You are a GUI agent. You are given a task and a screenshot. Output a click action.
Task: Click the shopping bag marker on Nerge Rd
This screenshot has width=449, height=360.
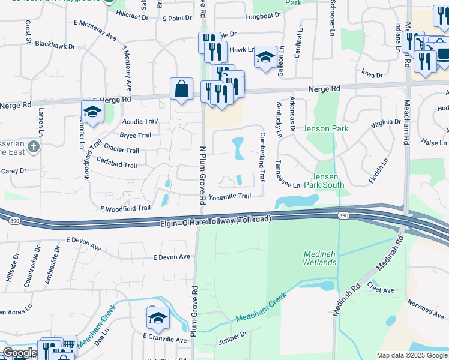click(181, 90)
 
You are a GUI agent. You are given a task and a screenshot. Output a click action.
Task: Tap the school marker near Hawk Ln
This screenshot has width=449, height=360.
click(265, 58)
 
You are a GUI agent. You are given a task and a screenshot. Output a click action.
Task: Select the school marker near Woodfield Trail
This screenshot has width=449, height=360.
click(92, 112)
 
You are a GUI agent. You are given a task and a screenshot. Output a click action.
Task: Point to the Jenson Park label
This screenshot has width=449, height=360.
click(325, 128)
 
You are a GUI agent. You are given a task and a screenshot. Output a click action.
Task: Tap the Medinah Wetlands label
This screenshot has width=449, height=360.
click(319, 258)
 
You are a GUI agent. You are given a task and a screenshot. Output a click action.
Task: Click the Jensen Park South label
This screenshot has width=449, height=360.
click(328, 181)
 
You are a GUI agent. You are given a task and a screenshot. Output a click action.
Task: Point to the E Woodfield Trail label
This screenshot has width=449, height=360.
click(125, 208)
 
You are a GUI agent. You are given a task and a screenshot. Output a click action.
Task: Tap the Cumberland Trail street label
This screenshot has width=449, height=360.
click(262, 158)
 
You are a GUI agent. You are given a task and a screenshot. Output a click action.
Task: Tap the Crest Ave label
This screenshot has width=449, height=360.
click(381, 290)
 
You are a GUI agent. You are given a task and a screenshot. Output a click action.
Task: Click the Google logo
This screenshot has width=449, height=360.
click(20, 353)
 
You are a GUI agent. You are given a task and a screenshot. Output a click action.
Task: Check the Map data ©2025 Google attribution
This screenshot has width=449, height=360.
click(412, 355)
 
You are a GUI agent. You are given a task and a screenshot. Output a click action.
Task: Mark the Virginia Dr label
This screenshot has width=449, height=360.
click(385, 122)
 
